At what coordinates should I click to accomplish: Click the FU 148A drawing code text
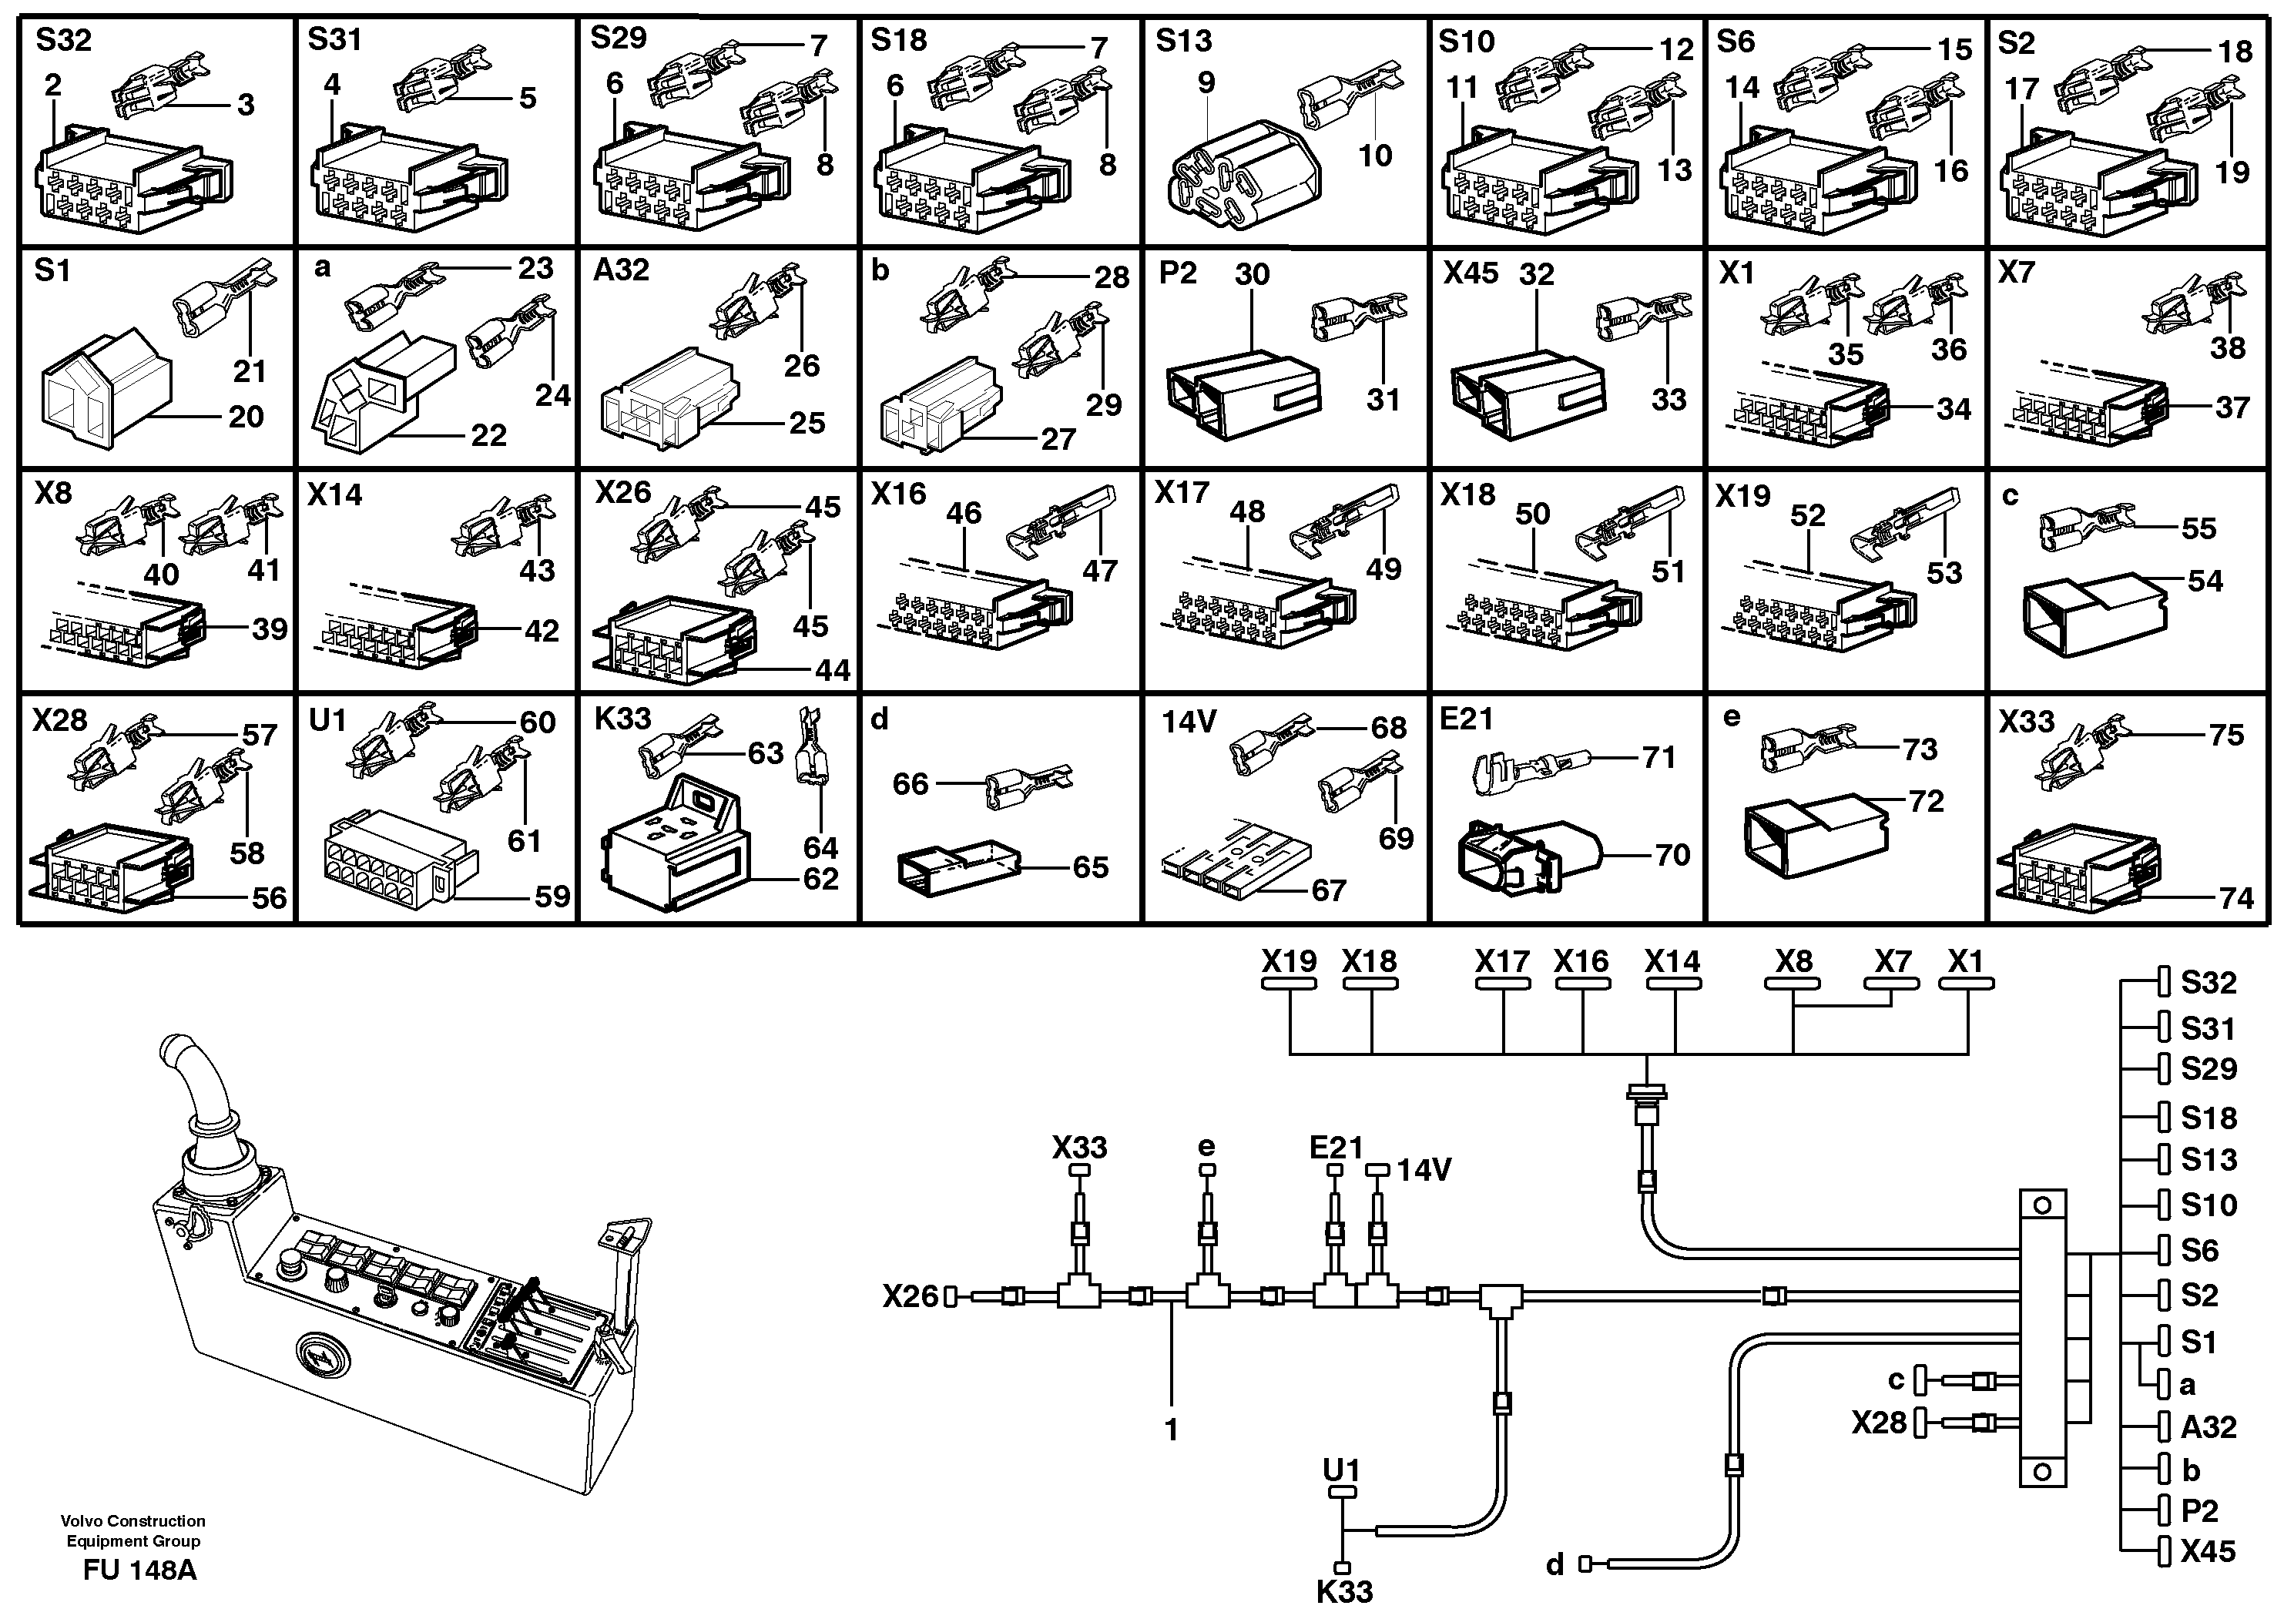tap(139, 1570)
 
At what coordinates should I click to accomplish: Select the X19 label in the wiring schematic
tap(1288, 961)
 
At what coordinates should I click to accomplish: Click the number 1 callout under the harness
tap(1172, 1430)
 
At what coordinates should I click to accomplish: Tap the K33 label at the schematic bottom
tap(1344, 1592)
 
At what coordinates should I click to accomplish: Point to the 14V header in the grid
tap(1189, 721)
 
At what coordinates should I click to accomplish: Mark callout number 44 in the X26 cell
tap(833, 670)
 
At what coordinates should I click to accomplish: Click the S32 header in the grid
tap(64, 40)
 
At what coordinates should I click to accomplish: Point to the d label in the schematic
tap(1555, 1565)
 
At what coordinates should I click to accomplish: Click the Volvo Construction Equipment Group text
tap(132, 1530)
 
